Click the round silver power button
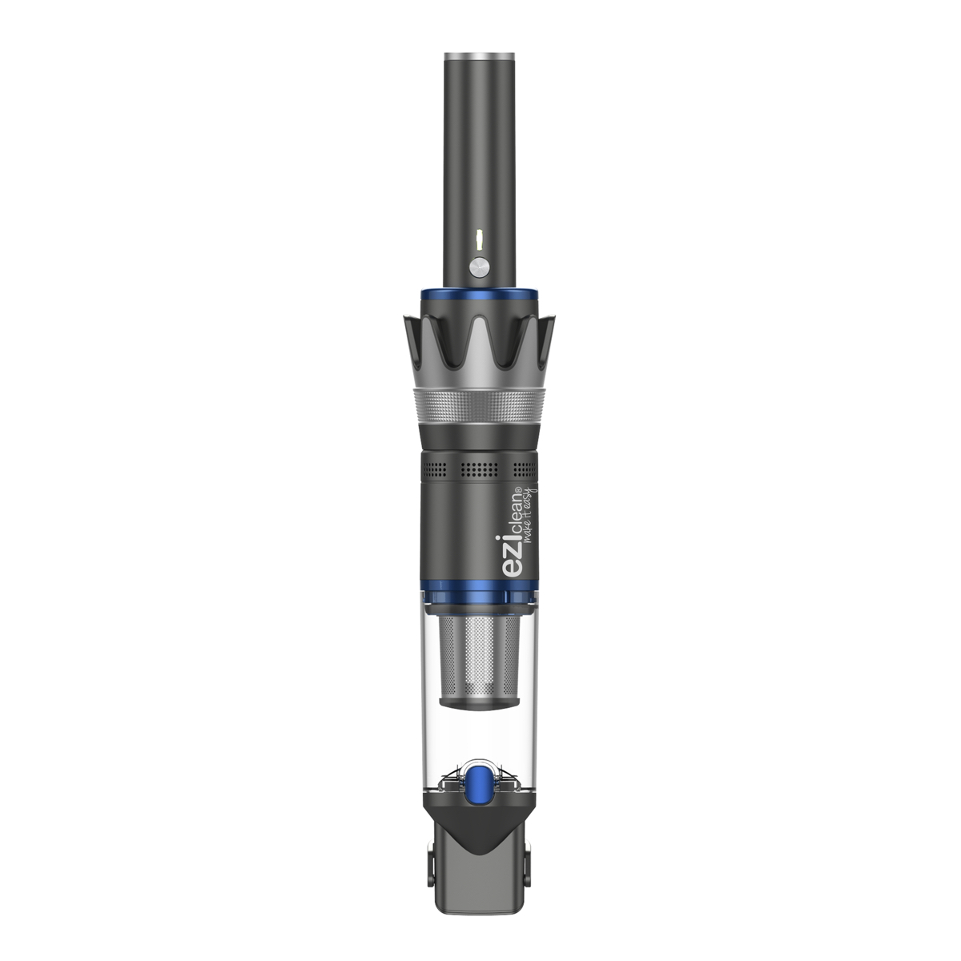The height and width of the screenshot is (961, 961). point(479,267)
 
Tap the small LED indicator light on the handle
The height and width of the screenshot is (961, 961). point(479,240)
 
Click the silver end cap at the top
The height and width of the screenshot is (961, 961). point(479,56)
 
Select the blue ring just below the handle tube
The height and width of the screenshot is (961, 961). point(479,295)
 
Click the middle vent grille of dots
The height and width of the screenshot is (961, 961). point(479,468)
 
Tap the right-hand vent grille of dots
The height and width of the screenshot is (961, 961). point(525,468)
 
